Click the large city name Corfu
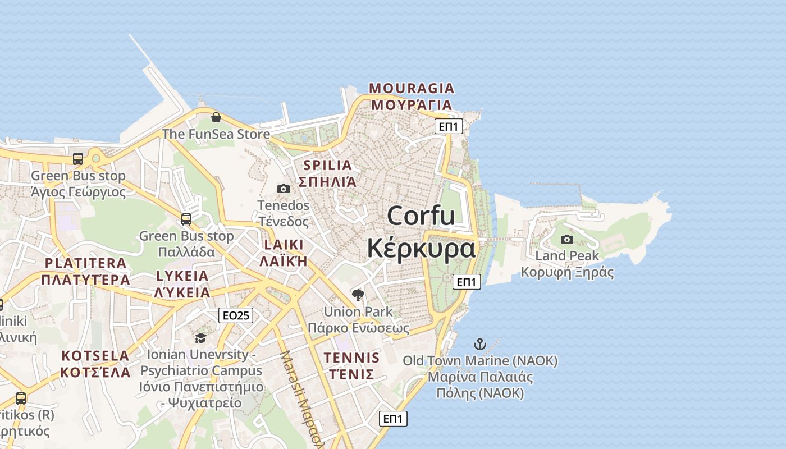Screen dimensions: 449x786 tap(421, 216)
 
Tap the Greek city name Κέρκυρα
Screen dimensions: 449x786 tap(421, 248)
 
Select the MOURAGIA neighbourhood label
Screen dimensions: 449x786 tap(412, 88)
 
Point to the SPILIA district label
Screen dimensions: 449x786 tap(327, 165)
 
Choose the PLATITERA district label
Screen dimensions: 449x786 tap(85, 263)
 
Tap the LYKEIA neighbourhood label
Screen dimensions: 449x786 tap(182, 276)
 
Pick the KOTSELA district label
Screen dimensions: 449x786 tap(95, 356)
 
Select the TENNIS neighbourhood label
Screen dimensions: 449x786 tap(351, 358)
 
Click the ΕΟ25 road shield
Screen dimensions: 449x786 tap(236, 315)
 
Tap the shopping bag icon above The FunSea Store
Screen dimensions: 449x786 tap(216, 117)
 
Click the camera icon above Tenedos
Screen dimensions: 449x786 tap(284, 189)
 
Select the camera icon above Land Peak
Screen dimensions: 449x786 tap(567, 240)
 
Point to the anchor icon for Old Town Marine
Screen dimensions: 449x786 tap(480, 343)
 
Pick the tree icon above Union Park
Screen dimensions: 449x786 tap(358, 295)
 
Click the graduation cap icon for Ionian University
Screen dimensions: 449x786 tap(200, 338)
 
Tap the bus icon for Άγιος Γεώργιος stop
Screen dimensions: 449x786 tap(78, 159)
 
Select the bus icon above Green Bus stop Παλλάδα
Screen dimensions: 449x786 tap(186, 219)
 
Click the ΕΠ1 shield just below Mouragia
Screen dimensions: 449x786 tap(449, 126)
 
